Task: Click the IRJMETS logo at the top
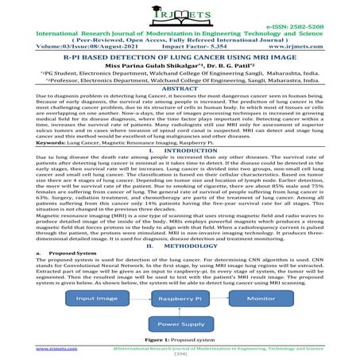[180, 17]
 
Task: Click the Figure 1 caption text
[180, 339]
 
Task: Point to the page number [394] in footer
[180, 354]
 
